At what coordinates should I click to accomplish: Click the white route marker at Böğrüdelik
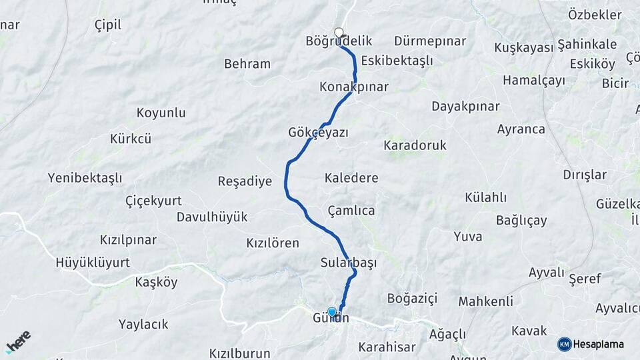tap(339, 32)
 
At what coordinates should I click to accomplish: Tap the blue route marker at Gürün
tap(332, 311)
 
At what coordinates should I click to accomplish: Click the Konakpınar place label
tap(353, 87)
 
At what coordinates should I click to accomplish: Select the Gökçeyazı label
tap(318, 132)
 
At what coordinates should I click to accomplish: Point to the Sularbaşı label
tap(348, 262)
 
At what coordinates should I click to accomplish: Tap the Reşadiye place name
tap(245, 181)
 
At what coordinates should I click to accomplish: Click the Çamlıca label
tap(351, 210)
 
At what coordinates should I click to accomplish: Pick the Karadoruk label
tap(415, 145)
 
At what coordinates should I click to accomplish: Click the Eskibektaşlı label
tap(397, 61)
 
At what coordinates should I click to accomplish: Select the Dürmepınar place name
tap(429, 41)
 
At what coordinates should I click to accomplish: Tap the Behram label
tap(247, 64)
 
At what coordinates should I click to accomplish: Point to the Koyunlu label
tap(161, 113)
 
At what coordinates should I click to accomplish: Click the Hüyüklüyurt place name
tap(93, 262)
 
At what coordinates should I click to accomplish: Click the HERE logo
tap(18, 341)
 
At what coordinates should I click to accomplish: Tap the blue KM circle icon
tap(564, 344)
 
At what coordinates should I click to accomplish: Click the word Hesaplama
tap(598, 344)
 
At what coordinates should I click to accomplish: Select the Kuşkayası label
tap(523, 47)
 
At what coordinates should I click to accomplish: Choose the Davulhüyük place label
tap(211, 217)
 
